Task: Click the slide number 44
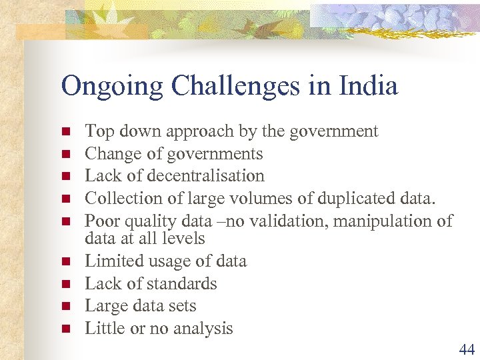[x=466, y=348]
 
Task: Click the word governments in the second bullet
[x=219, y=154]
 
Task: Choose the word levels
[x=183, y=238]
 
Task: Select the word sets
[x=183, y=306]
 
